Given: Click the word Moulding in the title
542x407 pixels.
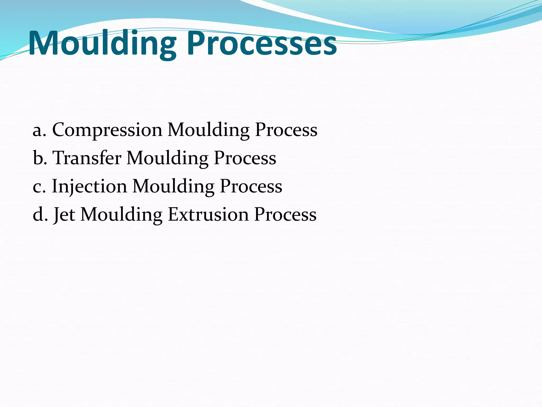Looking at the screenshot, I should point(102,44).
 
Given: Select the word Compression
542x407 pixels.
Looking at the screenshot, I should point(107,130).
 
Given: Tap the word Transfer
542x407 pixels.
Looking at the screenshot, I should point(87,158).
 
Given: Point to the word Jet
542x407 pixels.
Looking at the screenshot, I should point(64,214).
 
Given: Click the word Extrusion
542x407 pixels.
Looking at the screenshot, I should point(208,214).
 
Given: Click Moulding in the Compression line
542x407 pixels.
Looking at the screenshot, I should point(209,130).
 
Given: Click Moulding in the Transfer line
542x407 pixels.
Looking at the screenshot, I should point(168,158).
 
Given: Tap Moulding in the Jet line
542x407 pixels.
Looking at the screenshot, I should point(121,214).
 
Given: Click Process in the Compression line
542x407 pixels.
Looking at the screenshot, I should point(286,130).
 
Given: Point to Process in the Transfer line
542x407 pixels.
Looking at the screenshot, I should point(245,158).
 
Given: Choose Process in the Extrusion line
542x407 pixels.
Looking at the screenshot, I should point(285,214).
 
